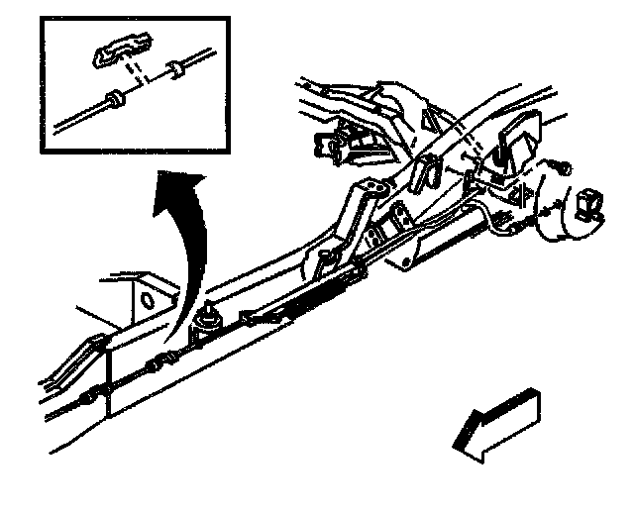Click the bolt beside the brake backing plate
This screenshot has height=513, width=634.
click(x=562, y=168)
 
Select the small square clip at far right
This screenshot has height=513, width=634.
click(x=588, y=204)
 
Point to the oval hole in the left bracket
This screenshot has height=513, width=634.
click(x=146, y=299)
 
